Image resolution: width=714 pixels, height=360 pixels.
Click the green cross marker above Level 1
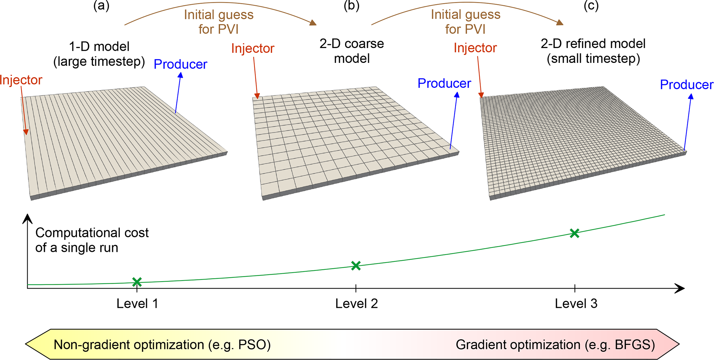137,282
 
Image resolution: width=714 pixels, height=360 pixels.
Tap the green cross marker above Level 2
356,265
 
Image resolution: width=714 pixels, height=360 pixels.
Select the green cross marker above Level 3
574,233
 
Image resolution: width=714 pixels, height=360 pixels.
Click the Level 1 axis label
137,303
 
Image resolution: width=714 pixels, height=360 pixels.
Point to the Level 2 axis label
356,303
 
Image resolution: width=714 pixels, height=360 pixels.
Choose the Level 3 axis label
576,303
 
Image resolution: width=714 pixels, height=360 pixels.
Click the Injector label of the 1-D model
21,80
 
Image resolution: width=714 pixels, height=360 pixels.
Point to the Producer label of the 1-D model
180,64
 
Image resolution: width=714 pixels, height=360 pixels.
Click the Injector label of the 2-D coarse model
253,48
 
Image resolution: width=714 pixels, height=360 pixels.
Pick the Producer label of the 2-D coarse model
444,83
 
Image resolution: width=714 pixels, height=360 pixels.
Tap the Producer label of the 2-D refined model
686,85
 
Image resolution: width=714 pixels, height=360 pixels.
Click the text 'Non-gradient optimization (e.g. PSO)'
162,344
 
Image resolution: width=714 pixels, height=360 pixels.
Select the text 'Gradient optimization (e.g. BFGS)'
555,344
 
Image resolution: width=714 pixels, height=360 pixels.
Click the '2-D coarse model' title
352,51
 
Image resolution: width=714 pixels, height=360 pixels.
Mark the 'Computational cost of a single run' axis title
92,240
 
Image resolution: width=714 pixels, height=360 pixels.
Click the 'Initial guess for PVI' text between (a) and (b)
219,22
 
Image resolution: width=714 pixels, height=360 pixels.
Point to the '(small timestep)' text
593,58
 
